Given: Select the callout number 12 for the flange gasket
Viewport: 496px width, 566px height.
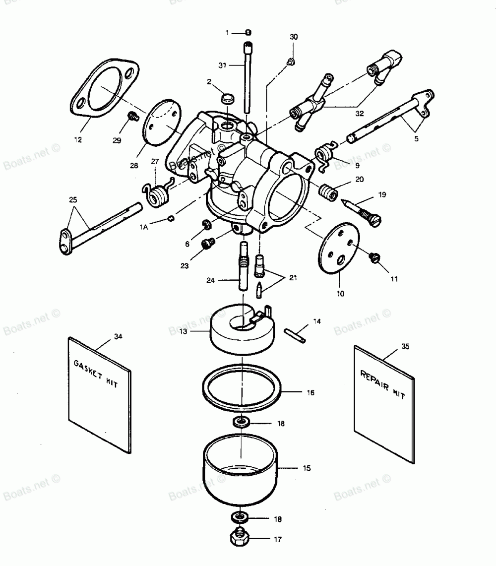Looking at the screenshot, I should point(78,140).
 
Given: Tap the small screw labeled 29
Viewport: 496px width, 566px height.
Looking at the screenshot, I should point(132,117).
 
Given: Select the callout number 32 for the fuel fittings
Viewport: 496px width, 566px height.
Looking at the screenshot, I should point(360,114).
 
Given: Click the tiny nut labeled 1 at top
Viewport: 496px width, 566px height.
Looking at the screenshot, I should point(248,33).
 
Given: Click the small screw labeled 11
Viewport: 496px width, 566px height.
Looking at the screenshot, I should point(375,257).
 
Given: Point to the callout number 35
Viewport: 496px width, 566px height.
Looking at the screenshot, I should point(405,347).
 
